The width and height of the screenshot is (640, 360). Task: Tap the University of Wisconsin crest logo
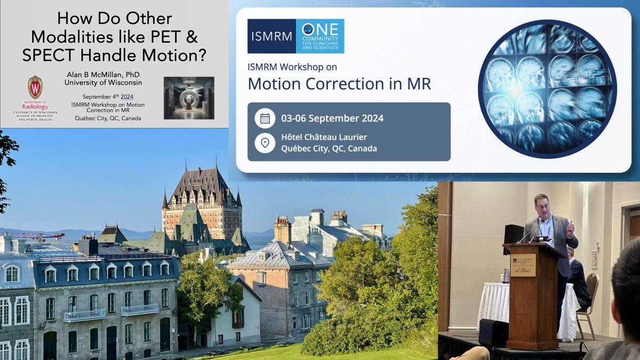35,87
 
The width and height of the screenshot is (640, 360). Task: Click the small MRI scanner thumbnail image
189,98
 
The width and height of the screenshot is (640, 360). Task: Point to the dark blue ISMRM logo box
271,36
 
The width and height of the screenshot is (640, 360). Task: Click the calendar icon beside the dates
265,118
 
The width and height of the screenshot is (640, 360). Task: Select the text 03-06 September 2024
332,118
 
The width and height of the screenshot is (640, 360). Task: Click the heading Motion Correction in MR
340,83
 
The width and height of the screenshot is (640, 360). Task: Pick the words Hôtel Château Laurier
324,137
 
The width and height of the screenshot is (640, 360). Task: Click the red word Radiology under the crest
35,106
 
